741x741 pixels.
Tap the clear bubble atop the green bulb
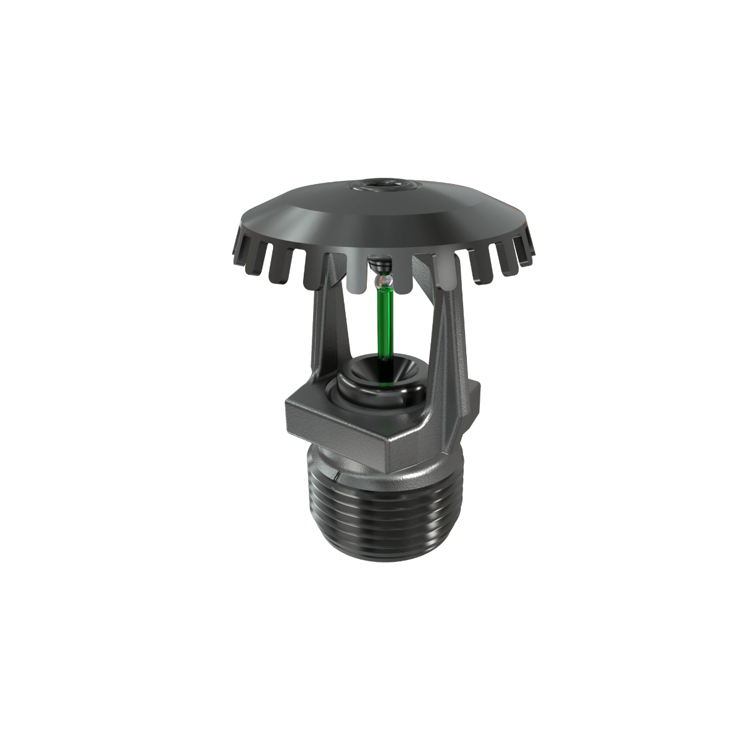tap(384, 281)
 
